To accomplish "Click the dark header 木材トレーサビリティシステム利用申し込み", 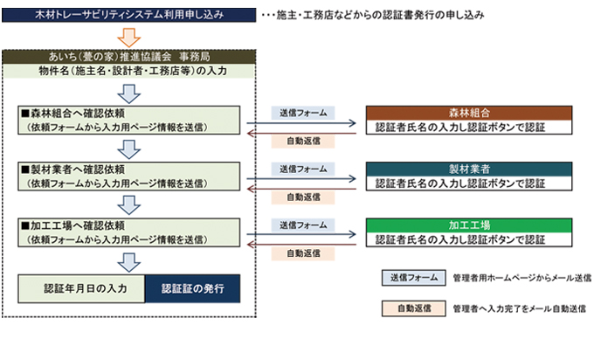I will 129,16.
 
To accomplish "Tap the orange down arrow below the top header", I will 129,38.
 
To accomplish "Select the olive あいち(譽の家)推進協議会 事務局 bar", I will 129,57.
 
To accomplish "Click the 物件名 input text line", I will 129,71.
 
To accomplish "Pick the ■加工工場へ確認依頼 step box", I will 129,231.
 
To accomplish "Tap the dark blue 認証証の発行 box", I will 192,288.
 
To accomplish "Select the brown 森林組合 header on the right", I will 469,114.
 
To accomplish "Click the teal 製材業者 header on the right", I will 469,169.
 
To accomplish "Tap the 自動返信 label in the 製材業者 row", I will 302,197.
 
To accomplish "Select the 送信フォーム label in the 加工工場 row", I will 302,225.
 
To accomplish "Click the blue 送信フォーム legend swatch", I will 407,278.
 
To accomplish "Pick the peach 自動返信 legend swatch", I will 407,308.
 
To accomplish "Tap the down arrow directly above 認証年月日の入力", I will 129,260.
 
